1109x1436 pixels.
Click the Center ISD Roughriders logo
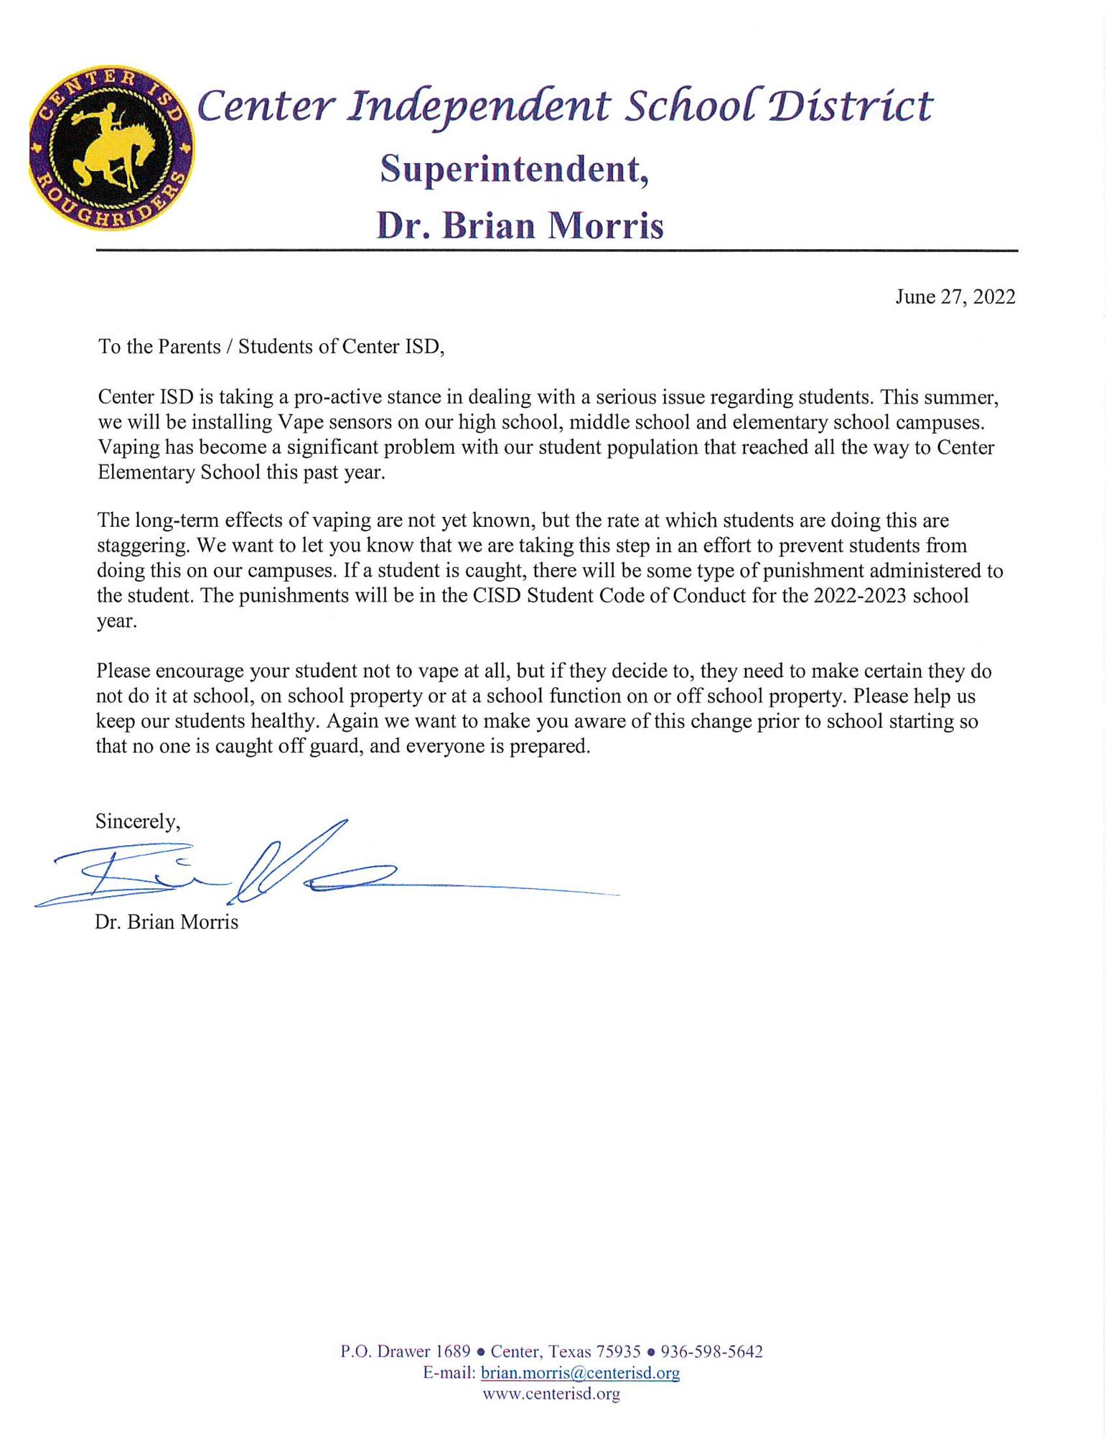[111, 149]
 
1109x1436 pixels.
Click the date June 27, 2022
[955, 297]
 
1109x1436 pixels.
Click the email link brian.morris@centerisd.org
[580, 1373]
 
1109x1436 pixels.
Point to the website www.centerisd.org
[551, 1394]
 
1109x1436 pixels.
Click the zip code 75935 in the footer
[618, 1351]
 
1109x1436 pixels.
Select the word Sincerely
[137, 821]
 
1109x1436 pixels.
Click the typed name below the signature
[167, 922]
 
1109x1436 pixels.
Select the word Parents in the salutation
[189, 347]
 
